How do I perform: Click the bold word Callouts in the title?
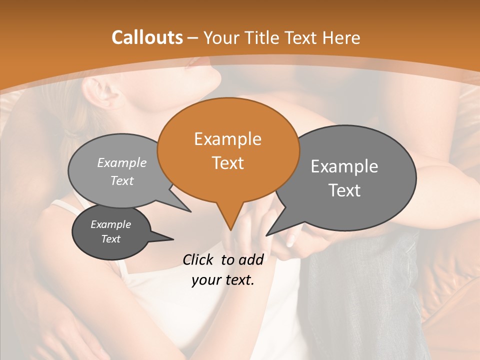tap(147, 37)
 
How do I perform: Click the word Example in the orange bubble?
tap(227, 139)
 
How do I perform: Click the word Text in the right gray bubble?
tap(344, 190)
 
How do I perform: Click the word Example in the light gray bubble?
tap(122, 162)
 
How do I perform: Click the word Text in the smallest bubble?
tap(110, 239)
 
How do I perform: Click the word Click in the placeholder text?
tap(199, 259)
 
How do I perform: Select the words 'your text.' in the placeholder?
tap(223, 280)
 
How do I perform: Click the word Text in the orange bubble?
tap(228, 163)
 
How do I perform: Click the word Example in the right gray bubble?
tap(344, 166)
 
